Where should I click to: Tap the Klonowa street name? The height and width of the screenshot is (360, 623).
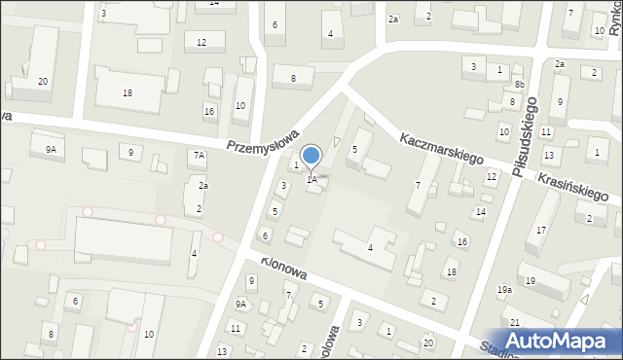point(283,268)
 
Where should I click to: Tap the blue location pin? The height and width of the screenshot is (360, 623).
point(311,157)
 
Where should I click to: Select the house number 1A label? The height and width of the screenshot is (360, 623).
point(311,179)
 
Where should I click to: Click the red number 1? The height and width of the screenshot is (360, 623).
point(297,165)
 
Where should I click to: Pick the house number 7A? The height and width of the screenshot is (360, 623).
point(199,155)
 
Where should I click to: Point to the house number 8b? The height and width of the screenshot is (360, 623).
point(520,86)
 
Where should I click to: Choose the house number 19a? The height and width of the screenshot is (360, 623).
point(504,290)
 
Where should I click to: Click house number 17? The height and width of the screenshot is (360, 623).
point(541,230)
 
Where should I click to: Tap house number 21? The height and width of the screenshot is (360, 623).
point(514,322)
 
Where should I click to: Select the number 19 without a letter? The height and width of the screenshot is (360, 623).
point(531,281)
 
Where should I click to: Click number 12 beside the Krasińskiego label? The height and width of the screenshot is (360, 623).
point(492,176)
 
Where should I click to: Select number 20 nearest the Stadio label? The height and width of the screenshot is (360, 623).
point(428,343)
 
